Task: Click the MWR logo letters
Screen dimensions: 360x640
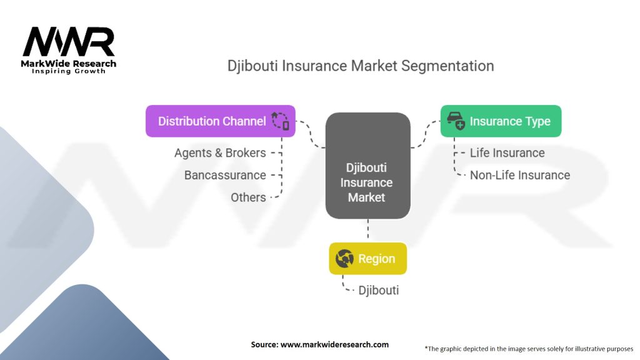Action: point(69,42)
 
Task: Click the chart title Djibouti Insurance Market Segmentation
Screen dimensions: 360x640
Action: point(361,66)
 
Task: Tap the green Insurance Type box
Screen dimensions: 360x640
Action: point(501,121)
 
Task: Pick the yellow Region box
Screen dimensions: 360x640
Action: point(367,259)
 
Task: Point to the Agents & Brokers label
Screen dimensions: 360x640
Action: point(220,153)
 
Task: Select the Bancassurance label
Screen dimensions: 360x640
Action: point(225,175)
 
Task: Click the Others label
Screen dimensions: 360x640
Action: point(248,197)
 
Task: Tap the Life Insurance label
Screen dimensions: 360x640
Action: point(507,153)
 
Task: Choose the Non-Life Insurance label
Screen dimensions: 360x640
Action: point(519,175)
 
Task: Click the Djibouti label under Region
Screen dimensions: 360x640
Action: point(378,290)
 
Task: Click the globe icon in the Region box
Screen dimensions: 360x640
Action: point(344,259)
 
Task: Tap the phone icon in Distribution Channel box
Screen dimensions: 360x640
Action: point(281,121)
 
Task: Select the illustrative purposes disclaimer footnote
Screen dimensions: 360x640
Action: point(529,348)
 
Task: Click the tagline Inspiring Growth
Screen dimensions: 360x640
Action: point(69,71)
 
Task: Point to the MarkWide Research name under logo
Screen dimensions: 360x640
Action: point(69,64)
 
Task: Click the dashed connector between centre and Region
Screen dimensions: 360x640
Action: point(367,230)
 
